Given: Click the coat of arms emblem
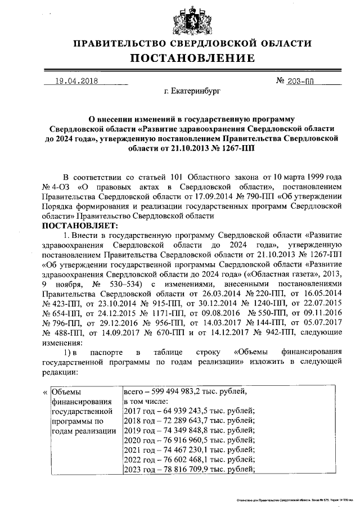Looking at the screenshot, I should click(187, 20).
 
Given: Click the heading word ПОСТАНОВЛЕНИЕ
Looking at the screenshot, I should click(187, 58).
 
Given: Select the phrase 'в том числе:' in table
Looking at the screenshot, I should click(146, 401).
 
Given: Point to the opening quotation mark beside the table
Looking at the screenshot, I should click(45, 392).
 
